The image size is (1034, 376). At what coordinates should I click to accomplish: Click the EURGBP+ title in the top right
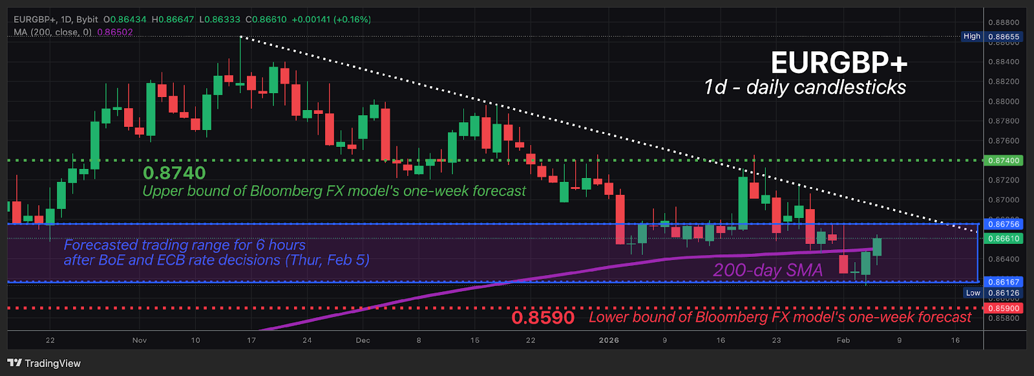[x=839, y=63]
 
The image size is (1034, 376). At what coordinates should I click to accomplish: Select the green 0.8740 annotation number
[x=174, y=173]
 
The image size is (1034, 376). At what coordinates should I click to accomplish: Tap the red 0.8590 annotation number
[x=542, y=318]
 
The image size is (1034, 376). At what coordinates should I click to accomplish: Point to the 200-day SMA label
[x=768, y=270]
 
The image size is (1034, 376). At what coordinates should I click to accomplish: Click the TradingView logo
[x=44, y=363]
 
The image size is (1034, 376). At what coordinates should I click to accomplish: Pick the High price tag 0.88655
[x=1003, y=37]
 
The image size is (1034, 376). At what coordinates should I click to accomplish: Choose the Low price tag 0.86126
[x=1003, y=293]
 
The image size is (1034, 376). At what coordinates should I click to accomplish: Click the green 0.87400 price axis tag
[x=1003, y=160]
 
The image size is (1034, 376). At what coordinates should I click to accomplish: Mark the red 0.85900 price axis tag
[x=1003, y=309]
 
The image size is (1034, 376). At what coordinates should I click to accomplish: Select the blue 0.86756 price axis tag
[x=1003, y=225]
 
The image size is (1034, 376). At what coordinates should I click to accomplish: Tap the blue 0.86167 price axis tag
[x=1003, y=282]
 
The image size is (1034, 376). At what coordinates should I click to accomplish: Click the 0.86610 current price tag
[x=1003, y=239]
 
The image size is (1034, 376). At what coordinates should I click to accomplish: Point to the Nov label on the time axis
[x=140, y=340]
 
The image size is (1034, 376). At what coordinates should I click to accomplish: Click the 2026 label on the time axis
[x=609, y=340]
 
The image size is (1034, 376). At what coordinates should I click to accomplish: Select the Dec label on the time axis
[x=363, y=340]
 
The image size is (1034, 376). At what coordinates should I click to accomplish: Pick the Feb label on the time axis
[x=843, y=340]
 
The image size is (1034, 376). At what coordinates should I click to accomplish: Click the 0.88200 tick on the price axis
[x=1003, y=82]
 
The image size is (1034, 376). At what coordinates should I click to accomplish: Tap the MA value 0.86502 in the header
[x=115, y=32]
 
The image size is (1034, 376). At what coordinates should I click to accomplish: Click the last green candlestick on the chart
[x=877, y=247]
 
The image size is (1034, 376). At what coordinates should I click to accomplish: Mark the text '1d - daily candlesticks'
[x=805, y=87]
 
